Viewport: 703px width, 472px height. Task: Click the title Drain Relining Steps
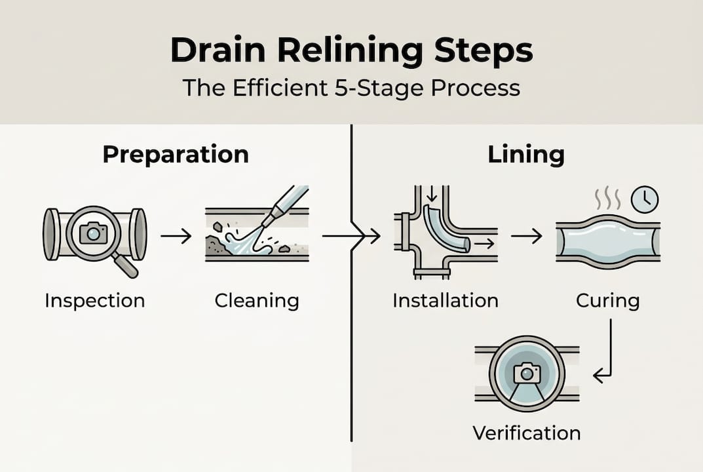(351, 51)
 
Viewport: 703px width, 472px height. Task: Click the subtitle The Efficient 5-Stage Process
(351, 87)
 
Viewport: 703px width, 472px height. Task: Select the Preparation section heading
(176, 155)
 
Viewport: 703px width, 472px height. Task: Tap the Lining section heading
(526, 155)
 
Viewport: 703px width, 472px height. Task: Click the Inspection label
(94, 301)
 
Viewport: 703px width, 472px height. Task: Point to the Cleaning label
(257, 301)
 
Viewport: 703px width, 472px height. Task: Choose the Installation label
(446, 301)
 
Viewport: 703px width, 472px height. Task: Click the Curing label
(607, 301)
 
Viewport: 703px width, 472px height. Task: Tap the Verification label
(526, 433)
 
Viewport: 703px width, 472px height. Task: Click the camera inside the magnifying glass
(93, 232)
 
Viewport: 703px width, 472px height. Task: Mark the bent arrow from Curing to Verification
(606, 354)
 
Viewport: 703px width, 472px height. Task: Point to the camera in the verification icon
(526, 372)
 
